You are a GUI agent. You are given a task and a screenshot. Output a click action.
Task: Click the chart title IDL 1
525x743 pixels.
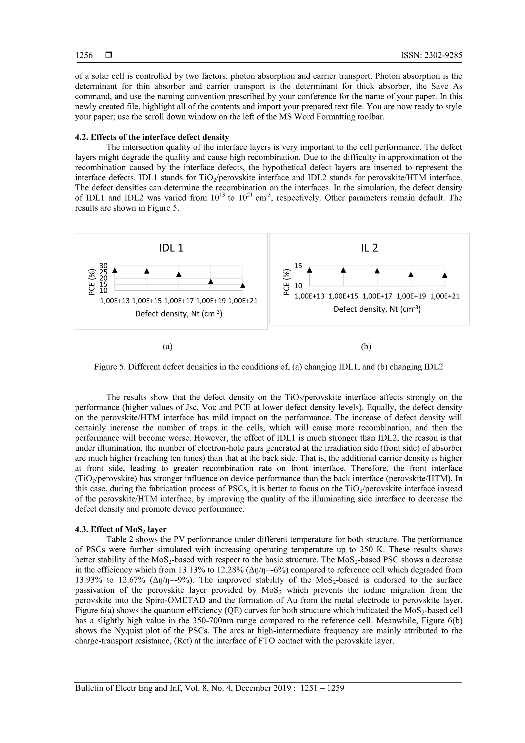[x=171, y=248]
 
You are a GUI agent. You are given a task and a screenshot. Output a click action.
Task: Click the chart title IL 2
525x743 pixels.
[x=369, y=248]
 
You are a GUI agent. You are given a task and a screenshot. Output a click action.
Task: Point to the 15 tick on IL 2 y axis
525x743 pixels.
[x=298, y=266]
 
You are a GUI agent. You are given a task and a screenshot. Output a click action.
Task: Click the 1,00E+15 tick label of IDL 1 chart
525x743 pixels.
[x=147, y=301]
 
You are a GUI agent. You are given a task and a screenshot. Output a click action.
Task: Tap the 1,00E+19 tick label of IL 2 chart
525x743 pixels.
[x=411, y=296]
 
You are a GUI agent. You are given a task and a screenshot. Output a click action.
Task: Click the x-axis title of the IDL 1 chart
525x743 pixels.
[x=179, y=314]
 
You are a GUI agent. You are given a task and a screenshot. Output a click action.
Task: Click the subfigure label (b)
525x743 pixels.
[x=366, y=347]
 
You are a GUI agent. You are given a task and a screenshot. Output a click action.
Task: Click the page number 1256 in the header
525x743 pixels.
[x=84, y=55]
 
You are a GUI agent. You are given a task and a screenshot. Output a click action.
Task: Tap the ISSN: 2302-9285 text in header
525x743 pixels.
[x=431, y=55]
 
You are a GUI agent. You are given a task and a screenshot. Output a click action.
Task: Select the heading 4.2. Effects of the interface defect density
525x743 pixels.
[x=152, y=137]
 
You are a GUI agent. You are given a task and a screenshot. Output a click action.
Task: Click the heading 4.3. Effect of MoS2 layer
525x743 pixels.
[x=121, y=529]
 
